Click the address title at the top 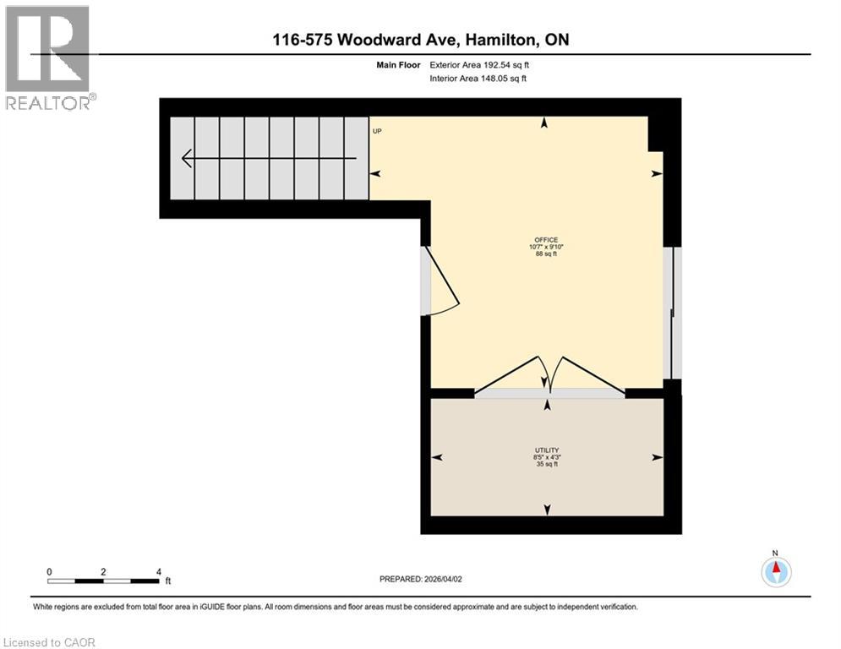point(420,41)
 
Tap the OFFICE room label point(546,239)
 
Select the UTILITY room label point(546,450)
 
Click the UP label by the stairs point(377,131)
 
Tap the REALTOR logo point(48,57)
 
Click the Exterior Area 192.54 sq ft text point(479,64)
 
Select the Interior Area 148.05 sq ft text point(478,79)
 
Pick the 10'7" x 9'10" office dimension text point(546,247)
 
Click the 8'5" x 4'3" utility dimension point(546,457)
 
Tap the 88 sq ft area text point(546,254)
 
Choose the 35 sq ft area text point(546,465)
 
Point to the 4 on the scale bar point(158,571)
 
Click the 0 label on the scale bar point(49,571)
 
